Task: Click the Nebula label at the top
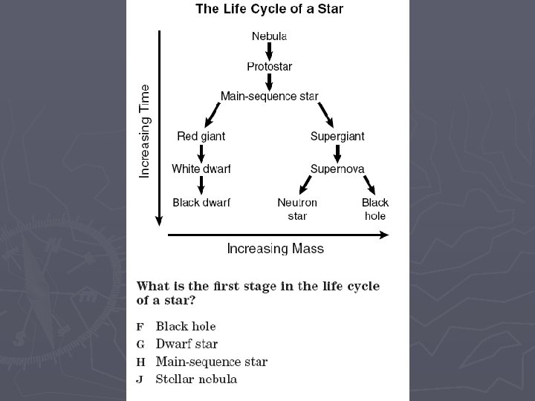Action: click(x=269, y=36)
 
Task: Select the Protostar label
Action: click(x=269, y=67)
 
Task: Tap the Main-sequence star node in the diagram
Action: click(x=269, y=96)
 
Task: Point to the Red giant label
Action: click(x=201, y=137)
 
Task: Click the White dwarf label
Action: click(x=201, y=169)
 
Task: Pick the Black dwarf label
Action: click(x=201, y=203)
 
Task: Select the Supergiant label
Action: click(x=337, y=137)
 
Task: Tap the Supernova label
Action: click(x=337, y=169)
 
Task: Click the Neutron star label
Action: click(x=297, y=209)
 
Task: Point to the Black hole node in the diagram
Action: click(x=375, y=209)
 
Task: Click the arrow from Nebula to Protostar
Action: click(x=269, y=51)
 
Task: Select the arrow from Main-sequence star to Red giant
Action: click(x=213, y=115)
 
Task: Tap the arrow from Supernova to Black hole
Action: click(x=369, y=185)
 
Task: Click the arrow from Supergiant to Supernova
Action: click(x=337, y=154)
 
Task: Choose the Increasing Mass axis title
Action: click(x=276, y=249)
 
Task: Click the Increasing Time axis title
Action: click(x=144, y=131)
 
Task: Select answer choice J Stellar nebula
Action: click(x=187, y=379)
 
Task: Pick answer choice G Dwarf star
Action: click(x=177, y=344)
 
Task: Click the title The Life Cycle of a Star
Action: click(x=269, y=9)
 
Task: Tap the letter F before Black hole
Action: click(x=140, y=327)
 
